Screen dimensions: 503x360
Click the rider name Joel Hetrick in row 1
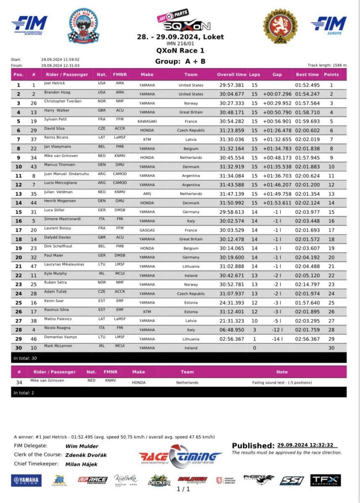pos(54,83)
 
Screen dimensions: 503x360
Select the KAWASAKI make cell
pos(147,122)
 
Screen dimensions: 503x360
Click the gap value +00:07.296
pos(277,94)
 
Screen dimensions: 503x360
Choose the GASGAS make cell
pos(147,230)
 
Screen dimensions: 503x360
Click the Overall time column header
pos(231,75)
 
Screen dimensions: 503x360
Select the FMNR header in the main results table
pos(120,75)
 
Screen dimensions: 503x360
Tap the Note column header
pos(282,372)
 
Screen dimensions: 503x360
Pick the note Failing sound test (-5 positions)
pos(282,383)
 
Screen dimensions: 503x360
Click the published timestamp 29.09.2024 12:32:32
pos(307,445)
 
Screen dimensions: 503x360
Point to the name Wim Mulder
pos(82,446)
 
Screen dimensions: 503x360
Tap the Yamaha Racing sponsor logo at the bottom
pos(26,480)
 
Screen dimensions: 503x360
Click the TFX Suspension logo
pos(325,480)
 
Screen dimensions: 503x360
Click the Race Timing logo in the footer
pos(180,456)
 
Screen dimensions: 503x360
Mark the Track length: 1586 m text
pos(327,65)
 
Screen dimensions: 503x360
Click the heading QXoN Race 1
pos(180,51)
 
